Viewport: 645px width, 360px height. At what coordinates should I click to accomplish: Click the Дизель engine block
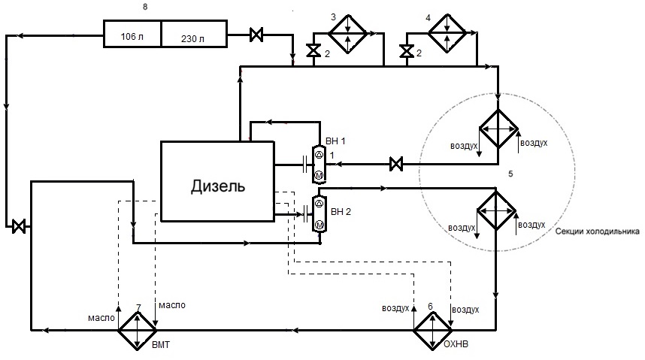click(x=217, y=181)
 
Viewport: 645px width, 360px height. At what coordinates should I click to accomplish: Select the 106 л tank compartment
click(x=132, y=33)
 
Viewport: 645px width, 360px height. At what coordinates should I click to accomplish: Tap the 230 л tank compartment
click(x=194, y=33)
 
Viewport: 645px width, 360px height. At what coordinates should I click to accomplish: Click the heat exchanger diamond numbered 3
click(x=347, y=34)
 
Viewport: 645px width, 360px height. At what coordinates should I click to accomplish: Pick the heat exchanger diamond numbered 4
click(x=447, y=33)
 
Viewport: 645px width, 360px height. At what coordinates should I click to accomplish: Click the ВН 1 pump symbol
click(x=319, y=165)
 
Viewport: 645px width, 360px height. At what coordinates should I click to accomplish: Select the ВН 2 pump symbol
click(x=319, y=214)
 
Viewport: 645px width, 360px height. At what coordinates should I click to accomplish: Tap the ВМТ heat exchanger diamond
click(x=138, y=331)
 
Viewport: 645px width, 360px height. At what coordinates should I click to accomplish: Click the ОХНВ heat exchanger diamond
click(x=432, y=331)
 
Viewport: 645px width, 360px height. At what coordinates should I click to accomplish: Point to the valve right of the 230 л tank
click(x=256, y=35)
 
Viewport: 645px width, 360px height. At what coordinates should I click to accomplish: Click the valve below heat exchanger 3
click(x=314, y=51)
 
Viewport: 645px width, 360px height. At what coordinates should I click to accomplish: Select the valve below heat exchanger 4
click(x=407, y=51)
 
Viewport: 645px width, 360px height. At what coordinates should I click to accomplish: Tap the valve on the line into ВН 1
click(x=396, y=164)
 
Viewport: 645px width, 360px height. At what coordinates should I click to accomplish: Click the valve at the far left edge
click(x=19, y=226)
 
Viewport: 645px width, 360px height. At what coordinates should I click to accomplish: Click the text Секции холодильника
click(x=598, y=231)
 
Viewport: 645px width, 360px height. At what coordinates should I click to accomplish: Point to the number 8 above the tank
click(x=145, y=7)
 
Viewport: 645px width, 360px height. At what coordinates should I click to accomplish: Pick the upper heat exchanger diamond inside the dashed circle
click(x=498, y=129)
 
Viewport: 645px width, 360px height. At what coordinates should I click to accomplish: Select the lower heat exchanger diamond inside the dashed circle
click(x=496, y=210)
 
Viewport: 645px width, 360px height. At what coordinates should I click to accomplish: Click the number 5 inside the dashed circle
click(x=510, y=174)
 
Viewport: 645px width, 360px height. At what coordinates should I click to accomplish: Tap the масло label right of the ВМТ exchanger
click(x=172, y=305)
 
